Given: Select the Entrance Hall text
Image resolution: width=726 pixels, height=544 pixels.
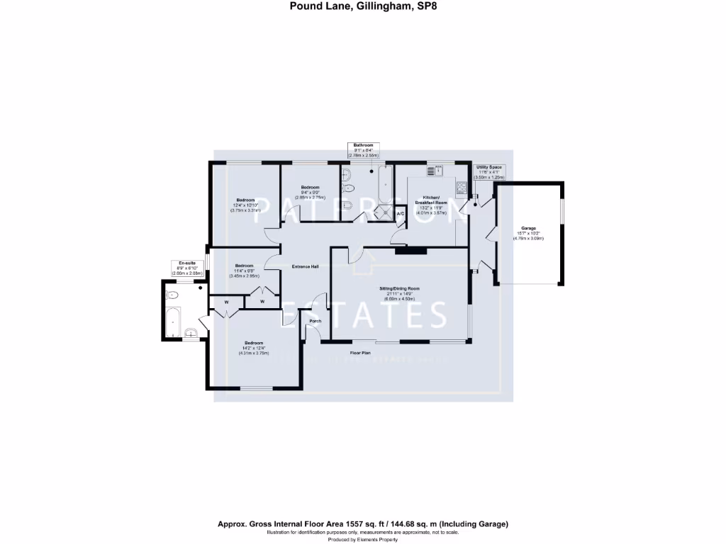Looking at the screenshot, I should (306, 266).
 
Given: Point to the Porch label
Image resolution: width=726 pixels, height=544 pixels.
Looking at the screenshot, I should (315, 321).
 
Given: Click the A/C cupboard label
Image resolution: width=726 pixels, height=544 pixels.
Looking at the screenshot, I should (400, 214).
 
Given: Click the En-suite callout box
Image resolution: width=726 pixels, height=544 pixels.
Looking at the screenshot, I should (187, 268).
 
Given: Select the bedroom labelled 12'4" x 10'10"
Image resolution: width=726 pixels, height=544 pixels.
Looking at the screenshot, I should (245, 205).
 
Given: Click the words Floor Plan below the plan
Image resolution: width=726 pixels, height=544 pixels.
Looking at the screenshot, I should (361, 352).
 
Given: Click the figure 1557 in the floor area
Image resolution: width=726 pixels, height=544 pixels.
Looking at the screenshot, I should (328, 524).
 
